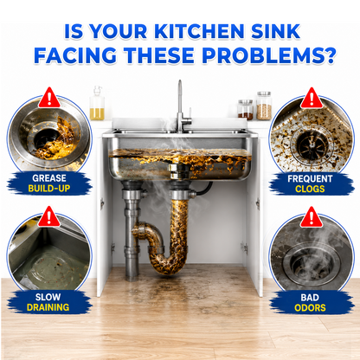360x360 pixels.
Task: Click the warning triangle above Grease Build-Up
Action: [49, 98]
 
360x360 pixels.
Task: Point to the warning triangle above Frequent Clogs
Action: [312, 98]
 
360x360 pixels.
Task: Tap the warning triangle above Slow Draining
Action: [49, 216]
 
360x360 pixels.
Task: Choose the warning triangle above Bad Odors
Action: [312, 217]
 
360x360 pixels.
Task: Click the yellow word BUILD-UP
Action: [49, 189]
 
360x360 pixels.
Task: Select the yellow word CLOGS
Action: [310, 189]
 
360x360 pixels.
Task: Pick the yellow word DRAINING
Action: [48, 307]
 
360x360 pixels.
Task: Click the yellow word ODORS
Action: [310, 308]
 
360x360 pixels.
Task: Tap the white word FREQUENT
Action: [310, 179]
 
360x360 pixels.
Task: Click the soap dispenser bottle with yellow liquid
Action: [97, 103]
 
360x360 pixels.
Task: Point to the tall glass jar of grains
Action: [264, 106]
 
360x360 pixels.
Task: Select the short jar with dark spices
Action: [246, 110]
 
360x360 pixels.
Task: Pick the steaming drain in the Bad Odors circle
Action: [311, 263]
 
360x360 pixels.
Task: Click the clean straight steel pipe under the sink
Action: [132, 231]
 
